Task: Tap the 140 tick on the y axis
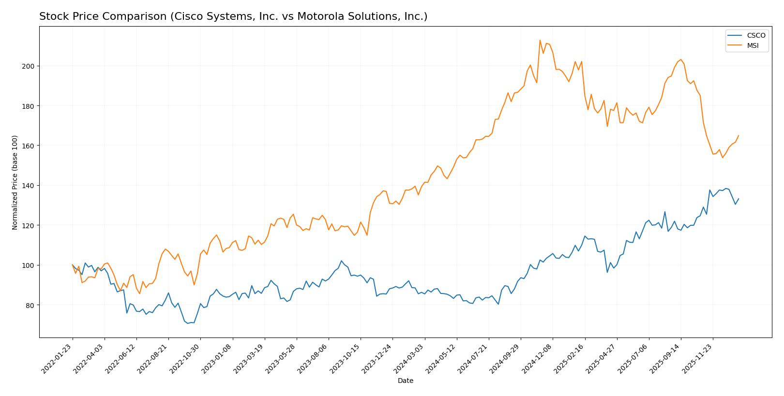pyautogui.click(x=30, y=186)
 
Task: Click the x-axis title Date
pyautogui.click(x=405, y=381)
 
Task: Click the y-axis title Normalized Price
pyautogui.click(x=15, y=182)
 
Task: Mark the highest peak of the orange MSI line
pyautogui.click(x=540, y=40)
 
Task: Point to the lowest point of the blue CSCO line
pyautogui.click(x=187, y=323)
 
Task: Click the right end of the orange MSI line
pyautogui.click(x=739, y=136)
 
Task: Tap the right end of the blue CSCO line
pyautogui.click(x=739, y=198)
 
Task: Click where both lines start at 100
pyautogui.click(x=73, y=265)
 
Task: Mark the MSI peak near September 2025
pyautogui.click(x=680, y=59)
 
